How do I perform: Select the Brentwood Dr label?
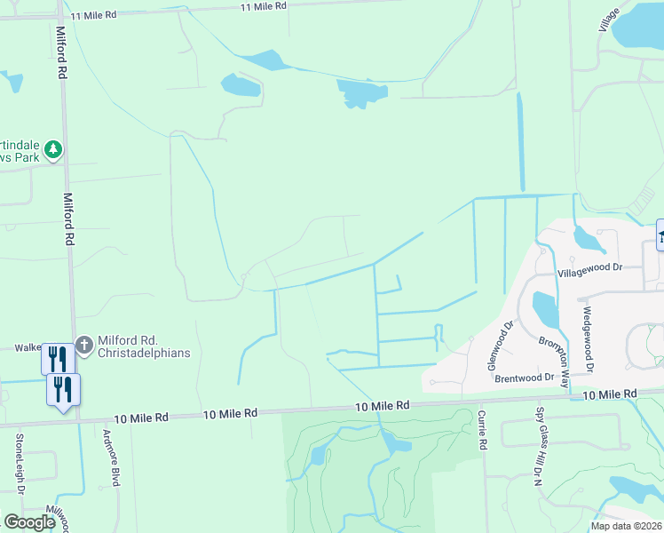[x=525, y=378]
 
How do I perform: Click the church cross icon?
[x=84, y=345]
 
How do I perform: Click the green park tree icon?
[x=54, y=149]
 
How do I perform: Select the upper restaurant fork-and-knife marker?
[x=58, y=358]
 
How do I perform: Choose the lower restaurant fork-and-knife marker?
[x=64, y=388]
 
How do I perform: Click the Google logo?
[x=30, y=522]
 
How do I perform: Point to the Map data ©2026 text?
[x=626, y=526]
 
